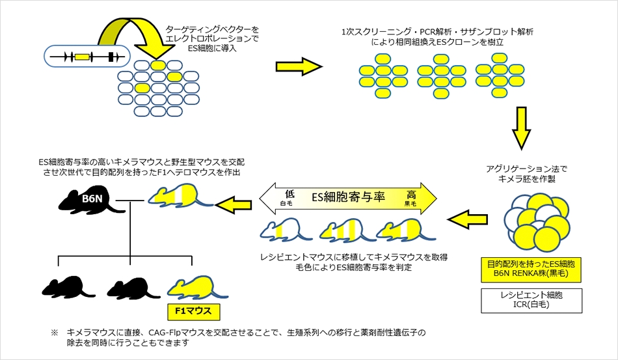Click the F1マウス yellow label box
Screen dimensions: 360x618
click(x=194, y=311)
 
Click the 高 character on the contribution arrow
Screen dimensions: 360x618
click(x=411, y=193)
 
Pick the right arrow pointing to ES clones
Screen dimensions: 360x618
click(x=299, y=66)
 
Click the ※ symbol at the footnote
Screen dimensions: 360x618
click(x=55, y=333)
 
